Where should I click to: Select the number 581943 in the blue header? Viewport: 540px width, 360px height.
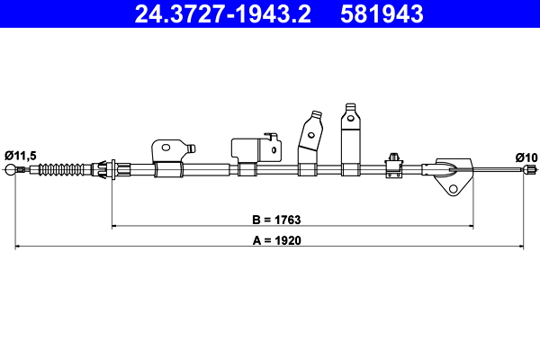click(x=382, y=13)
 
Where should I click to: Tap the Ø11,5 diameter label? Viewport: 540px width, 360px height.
click(x=20, y=156)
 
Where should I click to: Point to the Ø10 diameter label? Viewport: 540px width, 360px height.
click(x=526, y=157)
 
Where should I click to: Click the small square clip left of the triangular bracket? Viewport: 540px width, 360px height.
click(x=392, y=162)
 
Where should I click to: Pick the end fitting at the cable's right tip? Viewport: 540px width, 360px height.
click(x=531, y=169)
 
